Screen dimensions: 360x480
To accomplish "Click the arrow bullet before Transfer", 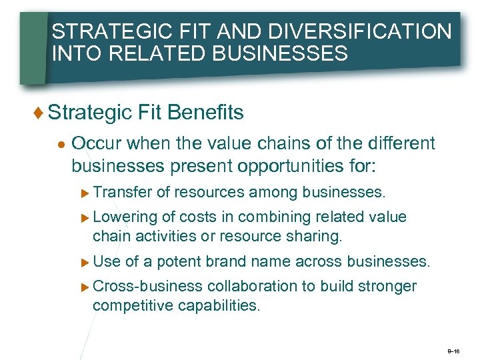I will [x=85, y=193].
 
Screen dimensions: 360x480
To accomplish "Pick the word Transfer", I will [x=122, y=193].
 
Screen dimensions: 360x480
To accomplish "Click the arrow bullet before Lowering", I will [x=85, y=218].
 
